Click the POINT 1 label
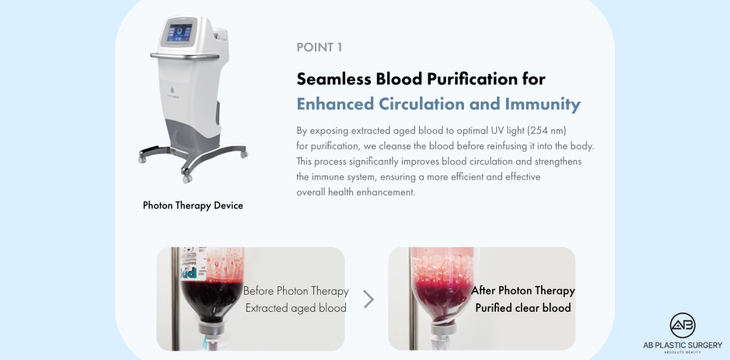(x=320, y=47)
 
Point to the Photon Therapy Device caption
(x=193, y=206)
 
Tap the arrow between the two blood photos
(x=368, y=299)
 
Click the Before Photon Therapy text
(x=295, y=292)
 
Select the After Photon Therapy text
(x=523, y=291)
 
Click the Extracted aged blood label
(x=295, y=308)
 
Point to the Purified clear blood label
(x=523, y=308)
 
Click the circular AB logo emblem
(x=682, y=326)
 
